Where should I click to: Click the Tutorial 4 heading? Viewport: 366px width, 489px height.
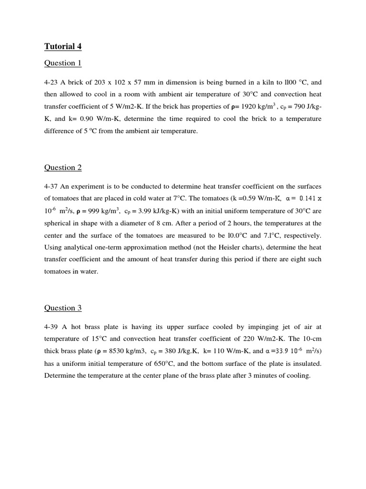pyautogui.click(x=60, y=46)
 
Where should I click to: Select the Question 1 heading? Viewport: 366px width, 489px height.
pyautogui.click(x=63, y=63)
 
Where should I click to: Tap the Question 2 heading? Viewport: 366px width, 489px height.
pyautogui.click(x=63, y=168)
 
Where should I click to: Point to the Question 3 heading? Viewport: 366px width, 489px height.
pyautogui.click(x=63, y=308)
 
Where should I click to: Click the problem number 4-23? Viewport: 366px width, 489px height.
pyautogui.click(x=51, y=82)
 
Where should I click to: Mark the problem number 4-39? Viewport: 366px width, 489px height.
pyautogui.click(x=51, y=327)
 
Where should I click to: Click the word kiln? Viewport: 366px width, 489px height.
pyautogui.click(x=255, y=82)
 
